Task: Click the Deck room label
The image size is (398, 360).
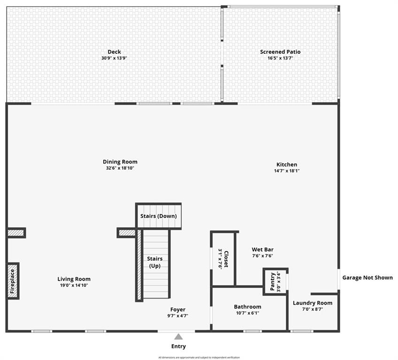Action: point(114,52)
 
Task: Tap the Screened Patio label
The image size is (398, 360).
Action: point(280,52)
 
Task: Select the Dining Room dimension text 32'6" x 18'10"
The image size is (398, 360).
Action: point(120,168)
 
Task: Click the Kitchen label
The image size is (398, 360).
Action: point(286,165)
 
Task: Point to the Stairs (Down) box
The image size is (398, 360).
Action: point(159,216)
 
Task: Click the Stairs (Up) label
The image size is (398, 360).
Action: point(155,262)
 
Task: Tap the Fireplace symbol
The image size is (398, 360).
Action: point(13,281)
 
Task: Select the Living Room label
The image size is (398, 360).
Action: point(74,279)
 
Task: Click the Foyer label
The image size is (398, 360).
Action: point(178,309)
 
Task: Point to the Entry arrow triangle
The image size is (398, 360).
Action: point(178,336)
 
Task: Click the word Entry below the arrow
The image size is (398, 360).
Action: point(178,346)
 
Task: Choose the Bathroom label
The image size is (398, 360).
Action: point(247,307)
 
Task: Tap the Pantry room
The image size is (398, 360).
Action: point(275,281)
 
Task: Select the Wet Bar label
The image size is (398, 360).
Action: point(262,250)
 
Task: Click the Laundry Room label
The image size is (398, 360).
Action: point(313,303)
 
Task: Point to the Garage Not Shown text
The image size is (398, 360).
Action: point(367,277)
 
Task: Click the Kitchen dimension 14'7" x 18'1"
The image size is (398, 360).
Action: point(286,171)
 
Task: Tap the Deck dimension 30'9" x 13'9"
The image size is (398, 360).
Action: point(114,58)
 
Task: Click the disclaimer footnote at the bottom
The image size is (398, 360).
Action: point(199,358)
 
